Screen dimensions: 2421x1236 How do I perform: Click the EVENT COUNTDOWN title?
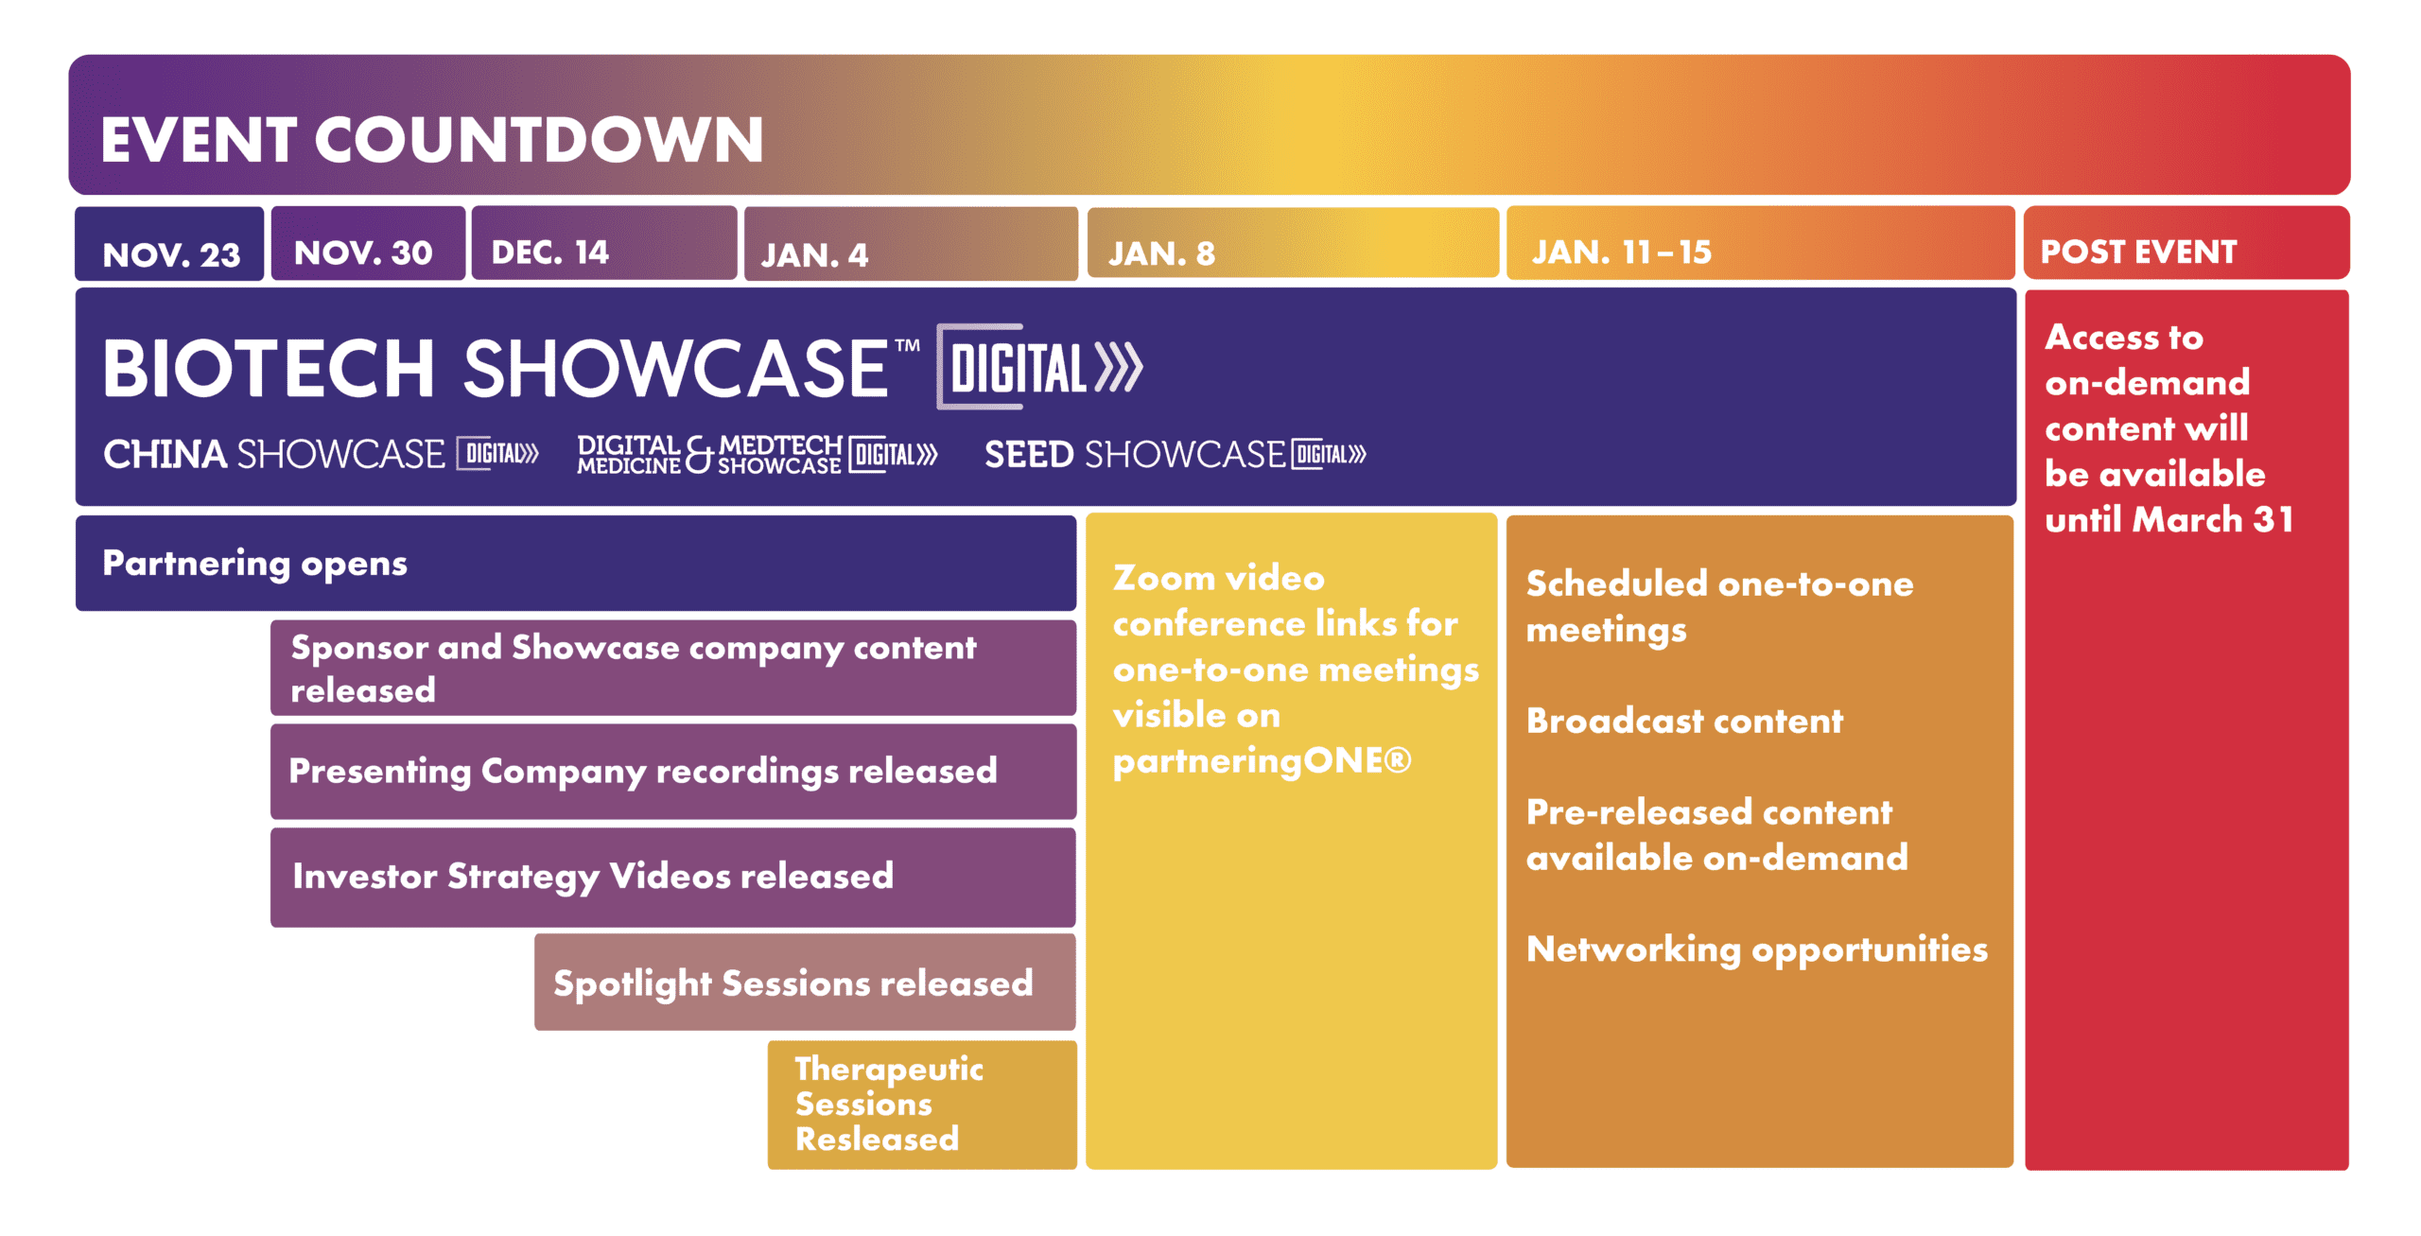pos(431,140)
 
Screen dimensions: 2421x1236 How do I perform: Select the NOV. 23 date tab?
pos(169,244)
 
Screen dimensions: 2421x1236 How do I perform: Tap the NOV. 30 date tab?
pos(368,243)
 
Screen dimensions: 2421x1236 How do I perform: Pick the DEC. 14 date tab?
pos(604,243)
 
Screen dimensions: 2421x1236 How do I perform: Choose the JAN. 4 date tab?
pos(911,244)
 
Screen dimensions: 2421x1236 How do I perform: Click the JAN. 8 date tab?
pos(1293,243)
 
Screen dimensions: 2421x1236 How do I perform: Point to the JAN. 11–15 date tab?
pos(1760,243)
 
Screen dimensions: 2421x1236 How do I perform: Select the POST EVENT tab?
pos(2186,243)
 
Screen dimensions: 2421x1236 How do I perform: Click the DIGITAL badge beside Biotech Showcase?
pos(1039,367)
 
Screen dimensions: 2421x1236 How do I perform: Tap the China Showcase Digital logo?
pos(321,454)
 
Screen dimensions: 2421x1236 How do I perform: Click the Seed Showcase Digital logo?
pos(1176,454)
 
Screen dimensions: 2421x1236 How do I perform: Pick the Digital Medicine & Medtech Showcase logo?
pos(758,454)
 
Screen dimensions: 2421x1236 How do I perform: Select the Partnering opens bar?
pos(576,564)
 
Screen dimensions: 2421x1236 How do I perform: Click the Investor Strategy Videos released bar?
pos(673,878)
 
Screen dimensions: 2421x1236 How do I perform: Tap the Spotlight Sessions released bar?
pos(805,983)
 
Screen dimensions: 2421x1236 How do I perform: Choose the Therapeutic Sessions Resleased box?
pos(922,1105)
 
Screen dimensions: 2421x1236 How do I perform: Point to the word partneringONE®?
pos(1262,761)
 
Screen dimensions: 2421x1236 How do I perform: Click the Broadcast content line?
pos(1684,722)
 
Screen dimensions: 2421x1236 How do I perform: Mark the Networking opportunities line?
pos(1757,949)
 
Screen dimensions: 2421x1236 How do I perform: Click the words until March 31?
pos(2169,519)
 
